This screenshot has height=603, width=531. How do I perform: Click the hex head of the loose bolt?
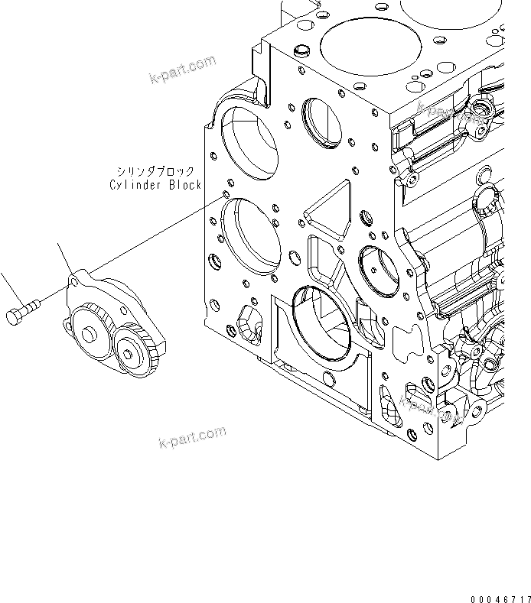point(15,316)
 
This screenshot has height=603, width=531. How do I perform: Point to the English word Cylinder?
point(132,185)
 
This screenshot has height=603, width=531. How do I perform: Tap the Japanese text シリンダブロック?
point(155,173)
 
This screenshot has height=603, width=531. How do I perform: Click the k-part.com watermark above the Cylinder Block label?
point(183,70)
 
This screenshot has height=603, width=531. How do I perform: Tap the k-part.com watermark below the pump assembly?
point(192,438)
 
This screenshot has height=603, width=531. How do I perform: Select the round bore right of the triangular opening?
point(378,270)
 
